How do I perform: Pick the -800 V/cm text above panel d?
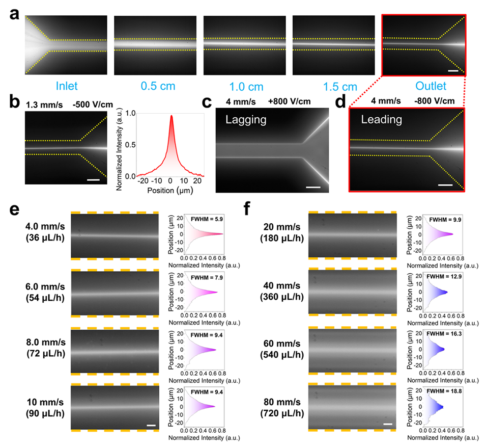431,100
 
